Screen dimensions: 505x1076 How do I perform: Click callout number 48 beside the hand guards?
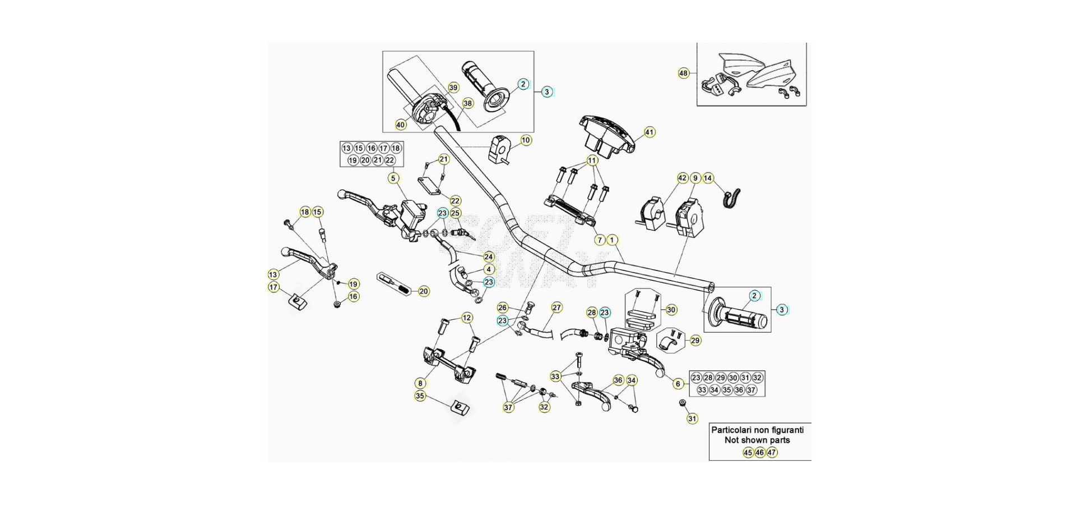pyautogui.click(x=683, y=73)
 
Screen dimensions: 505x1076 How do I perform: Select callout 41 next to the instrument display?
pyautogui.click(x=649, y=132)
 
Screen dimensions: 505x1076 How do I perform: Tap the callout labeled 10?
pyautogui.click(x=526, y=140)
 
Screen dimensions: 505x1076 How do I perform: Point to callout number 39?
pyautogui.click(x=453, y=88)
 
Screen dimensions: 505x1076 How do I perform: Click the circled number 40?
pyautogui.click(x=401, y=125)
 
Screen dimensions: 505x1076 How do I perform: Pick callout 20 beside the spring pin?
pyautogui.click(x=424, y=291)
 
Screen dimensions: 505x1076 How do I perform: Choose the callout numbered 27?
pyautogui.click(x=556, y=307)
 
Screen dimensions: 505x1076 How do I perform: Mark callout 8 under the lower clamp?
pyautogui.click(x=420, y=384)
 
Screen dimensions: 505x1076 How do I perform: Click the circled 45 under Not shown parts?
pyautogui.click(x=748, y=452)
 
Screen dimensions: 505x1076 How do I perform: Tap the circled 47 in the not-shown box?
pyautogui.click(x=772, y=452)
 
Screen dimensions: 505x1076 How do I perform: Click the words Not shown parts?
pyautogui.click(x=757, y=440)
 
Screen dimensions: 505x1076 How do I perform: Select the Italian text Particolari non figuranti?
pyautogui.click(x=757, y=430)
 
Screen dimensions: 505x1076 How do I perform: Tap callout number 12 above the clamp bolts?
pyautogui.click(x=467, y=318)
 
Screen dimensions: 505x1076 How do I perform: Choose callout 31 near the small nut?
pyautogui.click(x=692, y=419)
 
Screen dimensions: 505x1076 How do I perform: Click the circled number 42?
pyautogui.click(x=682, y=178)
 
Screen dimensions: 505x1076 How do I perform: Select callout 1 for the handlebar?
pyautogui.click(x=613, y=240)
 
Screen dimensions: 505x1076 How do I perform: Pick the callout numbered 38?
pyautogui.click(x=467, y=103)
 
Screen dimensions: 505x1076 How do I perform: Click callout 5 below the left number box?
pyautogui.click(x=393, y=178)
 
